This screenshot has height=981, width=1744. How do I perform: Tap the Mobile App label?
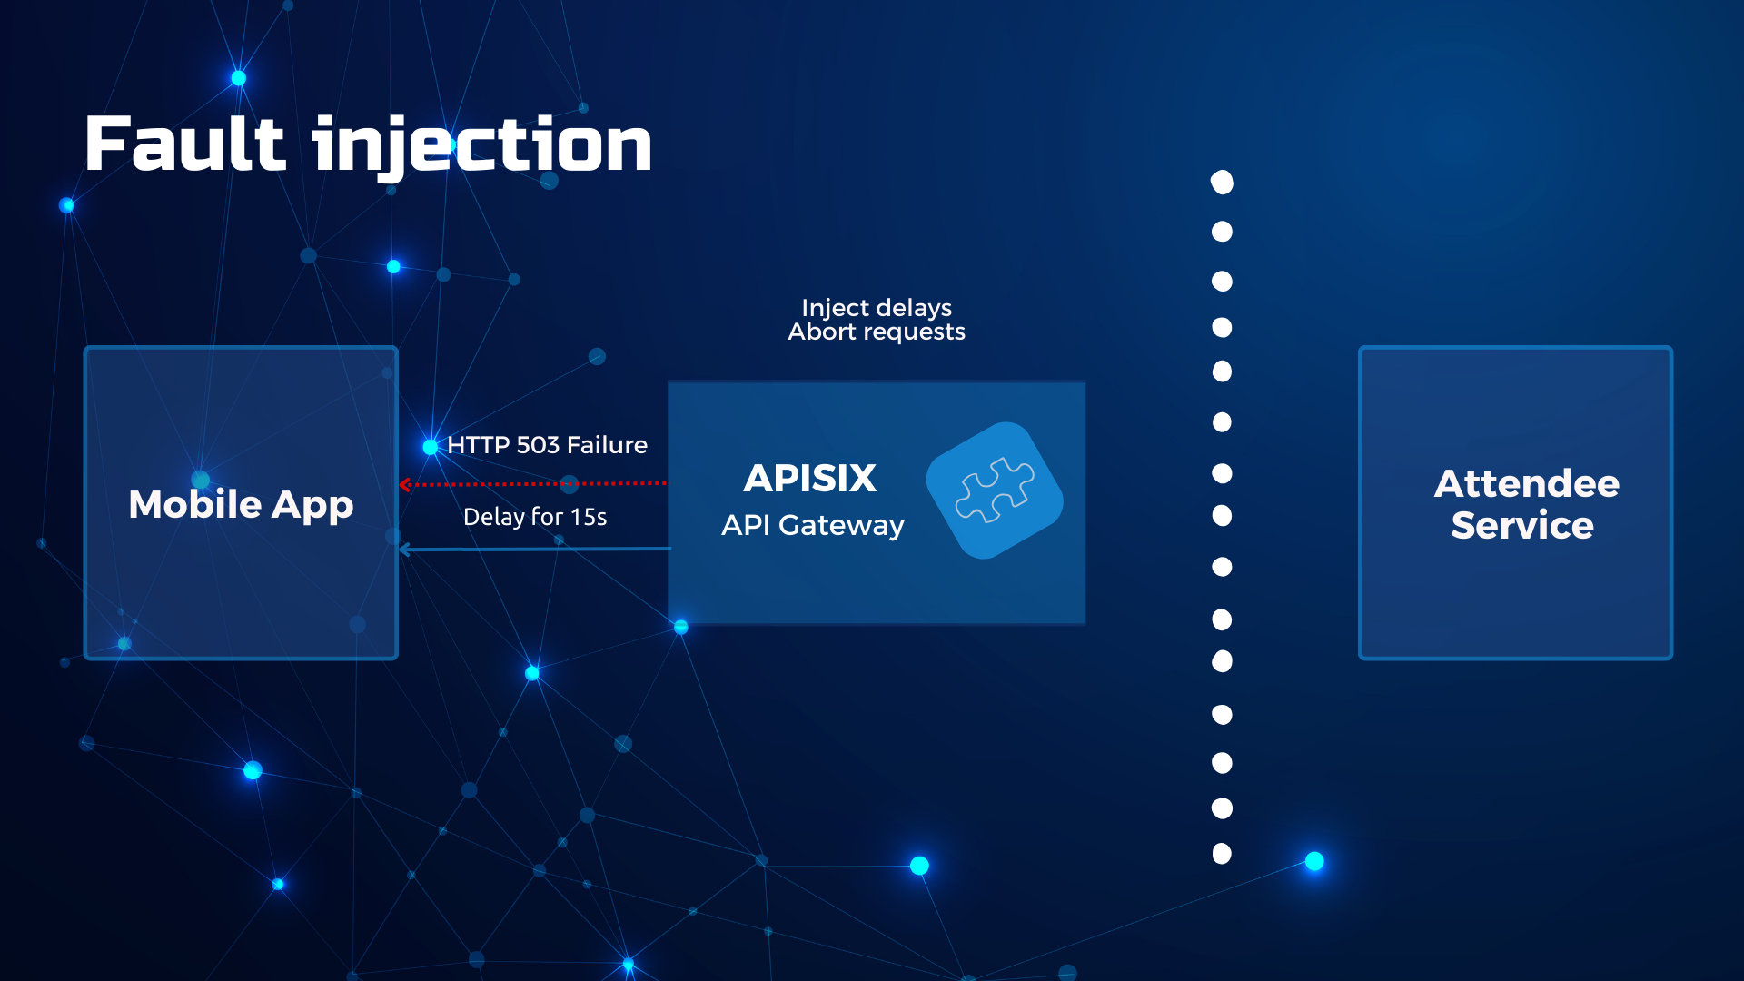241,505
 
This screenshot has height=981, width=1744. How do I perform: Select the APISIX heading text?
810,479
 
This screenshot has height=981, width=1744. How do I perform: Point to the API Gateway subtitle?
813,526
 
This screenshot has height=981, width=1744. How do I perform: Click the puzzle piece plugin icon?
995,490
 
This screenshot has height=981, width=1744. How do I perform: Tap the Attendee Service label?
1525,504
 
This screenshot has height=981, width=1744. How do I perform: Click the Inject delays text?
877,308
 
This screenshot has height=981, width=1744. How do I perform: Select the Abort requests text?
877,332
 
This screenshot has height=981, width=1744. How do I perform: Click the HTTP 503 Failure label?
547,445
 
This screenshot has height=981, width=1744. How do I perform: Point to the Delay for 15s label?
535,517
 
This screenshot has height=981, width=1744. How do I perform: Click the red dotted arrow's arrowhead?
405,484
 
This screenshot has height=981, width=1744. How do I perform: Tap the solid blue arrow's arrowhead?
405,550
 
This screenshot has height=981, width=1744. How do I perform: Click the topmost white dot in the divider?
1223,183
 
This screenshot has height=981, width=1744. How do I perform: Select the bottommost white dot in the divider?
1223,854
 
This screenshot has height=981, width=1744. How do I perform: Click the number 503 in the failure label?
538,445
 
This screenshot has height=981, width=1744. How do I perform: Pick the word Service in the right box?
1522,526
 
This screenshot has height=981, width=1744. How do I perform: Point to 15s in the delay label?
589,517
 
